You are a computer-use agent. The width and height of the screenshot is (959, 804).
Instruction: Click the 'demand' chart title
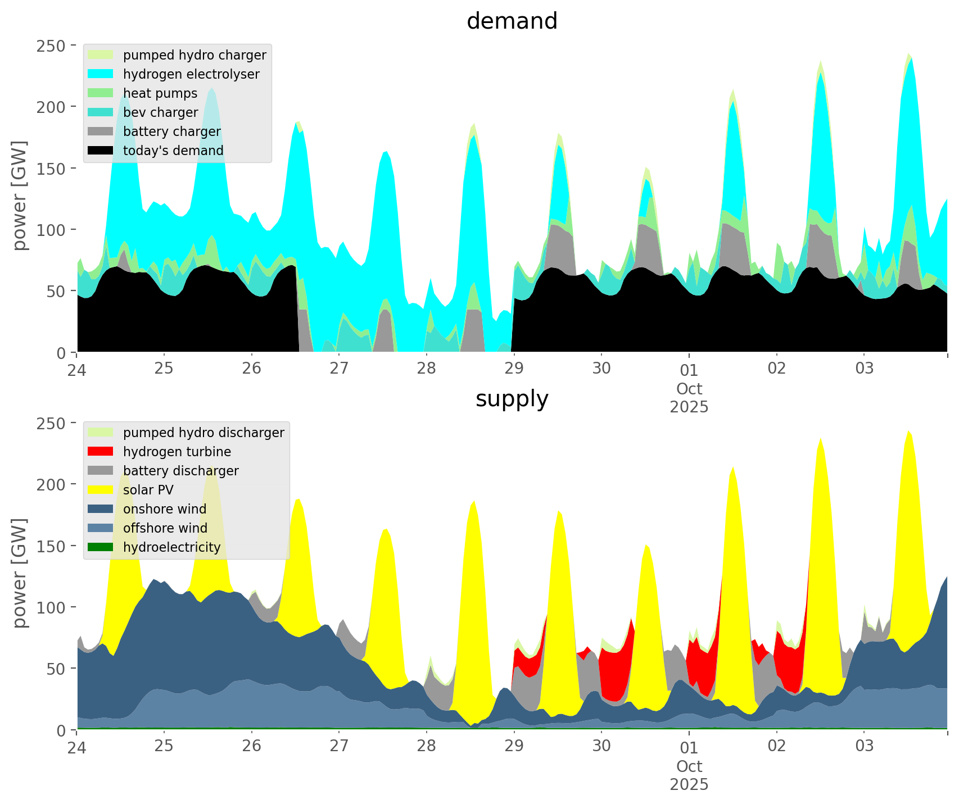tap(512, 21)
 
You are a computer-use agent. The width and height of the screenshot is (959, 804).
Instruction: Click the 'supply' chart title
tap(512, 399)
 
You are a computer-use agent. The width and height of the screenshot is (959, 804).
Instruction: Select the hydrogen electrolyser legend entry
tap(191, 74)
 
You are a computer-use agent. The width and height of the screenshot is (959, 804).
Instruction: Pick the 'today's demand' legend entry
tap(173, 151)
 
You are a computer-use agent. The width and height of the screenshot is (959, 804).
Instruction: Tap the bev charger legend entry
tap(160, 112)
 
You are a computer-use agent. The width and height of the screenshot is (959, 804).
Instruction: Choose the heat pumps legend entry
tap(160, 93)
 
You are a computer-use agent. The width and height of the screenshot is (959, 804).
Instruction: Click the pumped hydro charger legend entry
tap(194, 55)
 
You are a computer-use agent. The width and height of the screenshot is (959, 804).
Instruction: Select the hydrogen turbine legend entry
tap(177, 452)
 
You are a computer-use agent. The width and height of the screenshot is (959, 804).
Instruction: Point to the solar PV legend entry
tap(148, 490)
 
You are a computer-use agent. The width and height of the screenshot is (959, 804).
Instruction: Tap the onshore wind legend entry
tap(165, 509)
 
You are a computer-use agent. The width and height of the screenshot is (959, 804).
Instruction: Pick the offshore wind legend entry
tap(165, 528)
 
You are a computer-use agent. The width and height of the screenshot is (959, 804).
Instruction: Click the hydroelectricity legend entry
tap(171, 547)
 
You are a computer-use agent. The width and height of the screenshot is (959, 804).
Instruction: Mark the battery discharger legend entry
tap(181, 471)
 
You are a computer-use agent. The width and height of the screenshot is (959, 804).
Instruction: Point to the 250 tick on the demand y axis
tap(49, 46)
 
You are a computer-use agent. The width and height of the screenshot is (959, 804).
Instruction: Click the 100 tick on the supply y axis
tap(49, 607)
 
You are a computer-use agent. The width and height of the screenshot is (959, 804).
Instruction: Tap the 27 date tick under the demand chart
tap(339, 369)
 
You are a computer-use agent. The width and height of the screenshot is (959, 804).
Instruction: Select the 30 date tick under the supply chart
tap(601, 746)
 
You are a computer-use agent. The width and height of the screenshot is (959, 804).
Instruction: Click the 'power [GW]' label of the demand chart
tap(20, 196)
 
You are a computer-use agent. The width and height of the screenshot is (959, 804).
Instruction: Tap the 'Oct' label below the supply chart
tap(689, 766)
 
